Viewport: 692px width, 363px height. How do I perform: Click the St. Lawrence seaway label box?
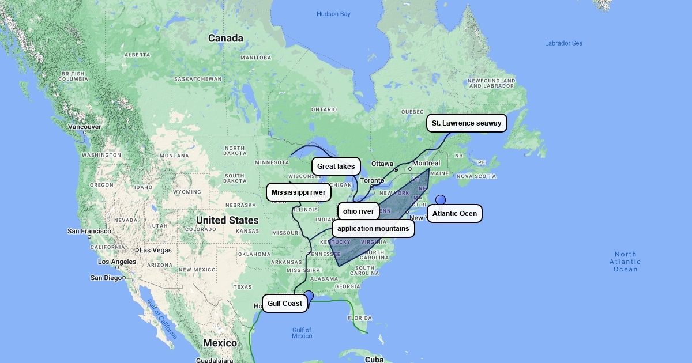(x=467, y=123)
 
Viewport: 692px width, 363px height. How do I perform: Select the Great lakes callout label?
(x=336, y=167)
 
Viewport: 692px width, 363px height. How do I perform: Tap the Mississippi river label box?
(x=299, y=192)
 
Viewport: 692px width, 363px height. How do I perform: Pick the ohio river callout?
(x=359, y=211)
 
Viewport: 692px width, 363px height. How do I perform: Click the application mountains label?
(x=373, y=229)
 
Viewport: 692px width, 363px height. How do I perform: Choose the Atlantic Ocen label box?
(x=454, y=214)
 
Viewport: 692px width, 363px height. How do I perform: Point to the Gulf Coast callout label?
(x=285, y=304)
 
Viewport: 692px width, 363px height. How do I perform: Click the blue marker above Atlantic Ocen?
(x=441, y=200)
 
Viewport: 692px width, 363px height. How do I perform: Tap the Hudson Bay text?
(x=333, y=14)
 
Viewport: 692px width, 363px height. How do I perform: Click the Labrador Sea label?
(x=563, y=43)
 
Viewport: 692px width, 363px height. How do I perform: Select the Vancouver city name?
(x=85, y=127)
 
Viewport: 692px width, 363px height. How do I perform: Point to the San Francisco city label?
(x=89, y=231)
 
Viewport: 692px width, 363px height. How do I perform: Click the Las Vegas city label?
(x=156, y=250)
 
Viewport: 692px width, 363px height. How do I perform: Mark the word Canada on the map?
(x=225, y=39)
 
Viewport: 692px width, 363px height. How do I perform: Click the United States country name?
(x=227, y=220)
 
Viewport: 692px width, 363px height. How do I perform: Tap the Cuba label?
(x=374, y=360)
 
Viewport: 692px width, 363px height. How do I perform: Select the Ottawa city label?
(x=382, y=164)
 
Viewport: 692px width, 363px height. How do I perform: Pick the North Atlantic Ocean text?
(x=625, y=262)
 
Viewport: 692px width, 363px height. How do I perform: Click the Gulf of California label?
(x=162, y=319)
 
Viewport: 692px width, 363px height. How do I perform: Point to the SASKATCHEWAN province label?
(x=198, y=79)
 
